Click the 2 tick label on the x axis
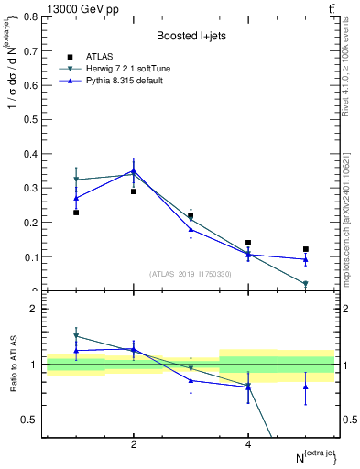pos(134,444)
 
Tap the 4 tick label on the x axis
pos(248,444)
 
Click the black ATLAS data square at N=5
pos(306,249)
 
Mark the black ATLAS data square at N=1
pos(76,213)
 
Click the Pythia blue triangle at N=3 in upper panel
pos(191,229)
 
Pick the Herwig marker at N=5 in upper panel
pos(306,284)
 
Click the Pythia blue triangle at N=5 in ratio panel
pos(306,387)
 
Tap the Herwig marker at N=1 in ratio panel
pos(76,336)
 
